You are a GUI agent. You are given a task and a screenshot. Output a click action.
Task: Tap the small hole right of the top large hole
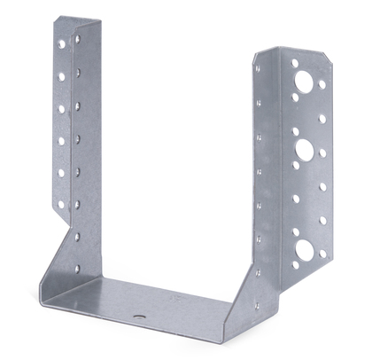click(322, 85)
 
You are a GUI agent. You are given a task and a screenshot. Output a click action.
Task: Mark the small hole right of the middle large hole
click(322, 153)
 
